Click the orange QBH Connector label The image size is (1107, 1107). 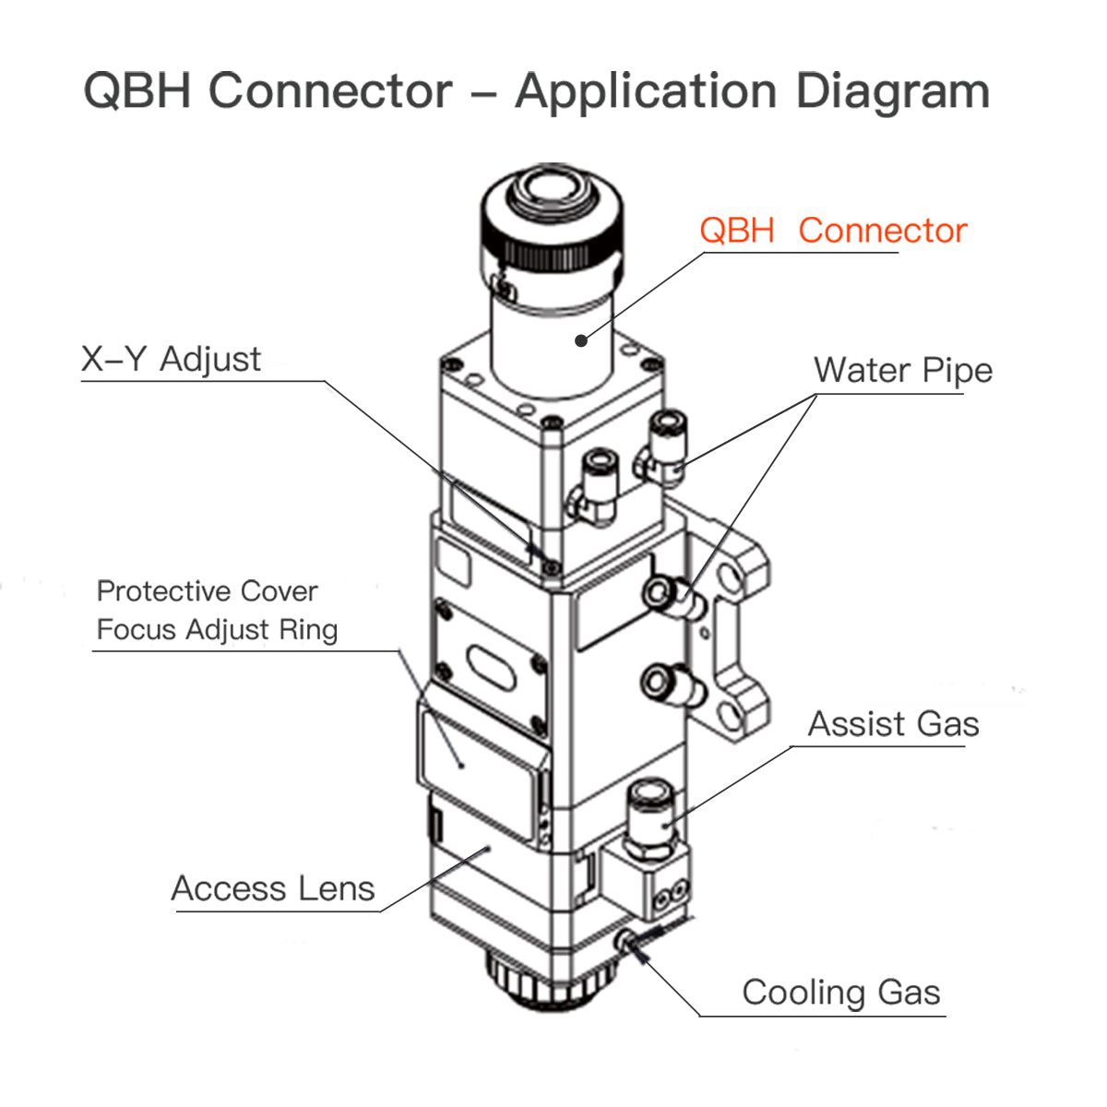click(x=832, y=231)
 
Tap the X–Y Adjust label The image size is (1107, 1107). click(x=172, y=359)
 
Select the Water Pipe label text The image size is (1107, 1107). click(x=902, y=371)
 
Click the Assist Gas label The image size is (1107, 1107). click(x=893, y=724)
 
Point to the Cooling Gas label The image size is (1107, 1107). click(x=840, y=993)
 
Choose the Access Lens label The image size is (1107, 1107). click(x=273, y=888)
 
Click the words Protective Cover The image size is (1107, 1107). click(x=207, y=590)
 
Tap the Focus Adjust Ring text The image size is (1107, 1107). click(x=217, y=630)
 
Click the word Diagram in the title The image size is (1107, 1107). click(x=892, y=91)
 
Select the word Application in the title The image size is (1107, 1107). click(x=646, y=91)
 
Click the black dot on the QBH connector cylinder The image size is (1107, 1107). click(x=580, y=340)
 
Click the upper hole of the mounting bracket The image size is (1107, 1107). click(x=732, y=579)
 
